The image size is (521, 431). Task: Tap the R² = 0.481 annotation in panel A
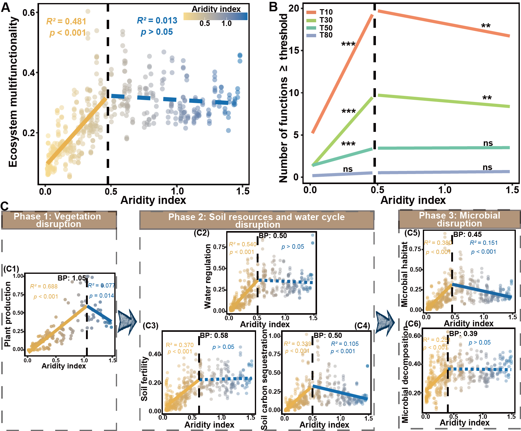[x=66, y=21]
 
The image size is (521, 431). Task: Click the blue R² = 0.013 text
[x=157, y=20]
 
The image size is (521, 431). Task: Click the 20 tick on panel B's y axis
[x=294, y=8]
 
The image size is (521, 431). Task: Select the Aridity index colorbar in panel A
[x=215, y=16]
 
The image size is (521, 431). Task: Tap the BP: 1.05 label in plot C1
[x=72, y=278]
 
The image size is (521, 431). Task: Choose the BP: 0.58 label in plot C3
[x=214, y=335]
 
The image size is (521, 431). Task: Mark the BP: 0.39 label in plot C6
[x=463, y=334]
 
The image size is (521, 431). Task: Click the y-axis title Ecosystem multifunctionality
[x=13, y=92]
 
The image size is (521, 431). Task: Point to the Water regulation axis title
[x=208, y=276]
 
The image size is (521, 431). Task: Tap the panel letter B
[x=273, y=7]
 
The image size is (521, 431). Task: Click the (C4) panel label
[x=362, y=326]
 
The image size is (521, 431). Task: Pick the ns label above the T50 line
[x=488, y=143]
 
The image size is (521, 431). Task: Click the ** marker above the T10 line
[x=486, y=26]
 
